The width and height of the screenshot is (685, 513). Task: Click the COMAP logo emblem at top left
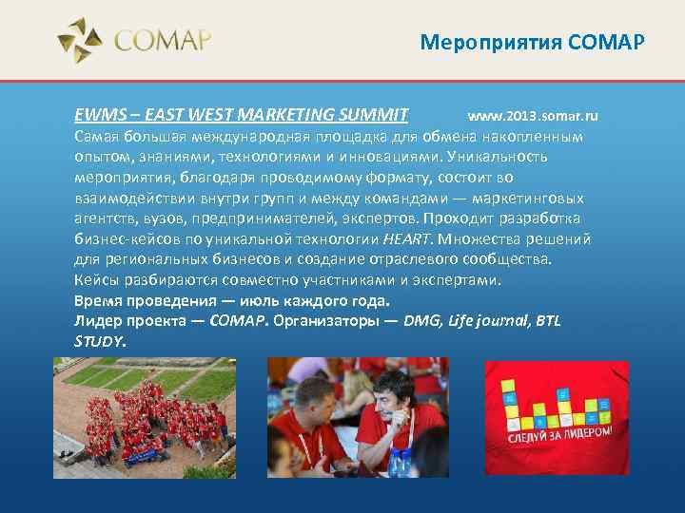coord(80,41)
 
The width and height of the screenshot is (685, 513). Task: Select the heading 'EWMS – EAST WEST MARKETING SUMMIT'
coord(242,116)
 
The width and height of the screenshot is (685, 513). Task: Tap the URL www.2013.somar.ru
coord(533,116)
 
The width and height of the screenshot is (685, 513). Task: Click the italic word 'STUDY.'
coord(100,340)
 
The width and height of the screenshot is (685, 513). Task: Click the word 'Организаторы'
coord(325,320)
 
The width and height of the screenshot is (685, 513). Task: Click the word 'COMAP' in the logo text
coord(163,42)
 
